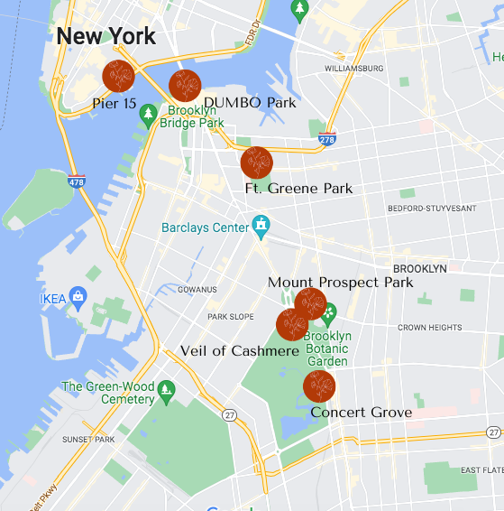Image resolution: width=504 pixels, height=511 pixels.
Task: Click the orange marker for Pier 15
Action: pyautogui.click(x=118, y=77)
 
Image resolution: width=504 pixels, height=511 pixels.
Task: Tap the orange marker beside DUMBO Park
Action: pyautogui.click(x=185, y=86)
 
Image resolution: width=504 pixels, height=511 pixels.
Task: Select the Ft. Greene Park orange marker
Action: pyautogui.click(x=256, y=163)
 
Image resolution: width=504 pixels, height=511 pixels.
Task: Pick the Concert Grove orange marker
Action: pyautogui.click(x=319, y=386)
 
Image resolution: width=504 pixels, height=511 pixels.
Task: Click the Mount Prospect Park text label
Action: pyautogui.click(x=340, y=283)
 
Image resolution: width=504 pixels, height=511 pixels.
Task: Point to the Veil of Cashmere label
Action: pyautogui.click(x=240, y=350)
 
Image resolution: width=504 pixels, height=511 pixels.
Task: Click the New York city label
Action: pyautogui.click(x=105, y=37)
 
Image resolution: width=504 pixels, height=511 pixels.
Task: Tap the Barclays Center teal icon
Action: pyautogui.click(x=261, y=223)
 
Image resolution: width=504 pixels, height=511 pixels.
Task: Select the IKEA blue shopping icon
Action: pyautogui.click(x=78, y=295)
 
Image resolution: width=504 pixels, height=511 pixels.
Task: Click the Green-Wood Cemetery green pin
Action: pyautogui.click(x=165, y=390)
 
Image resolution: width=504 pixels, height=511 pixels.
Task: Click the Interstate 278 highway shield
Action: pyautogui.click(x=327, y=139)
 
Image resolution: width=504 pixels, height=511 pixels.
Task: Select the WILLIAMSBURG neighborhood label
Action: pyautogui.click(x=354, y=69)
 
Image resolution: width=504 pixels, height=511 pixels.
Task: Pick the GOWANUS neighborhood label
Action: pyautogui.click(x=197, y=290)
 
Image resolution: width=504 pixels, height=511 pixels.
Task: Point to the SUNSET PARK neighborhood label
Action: pyautogui.click(x=88, y=440)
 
